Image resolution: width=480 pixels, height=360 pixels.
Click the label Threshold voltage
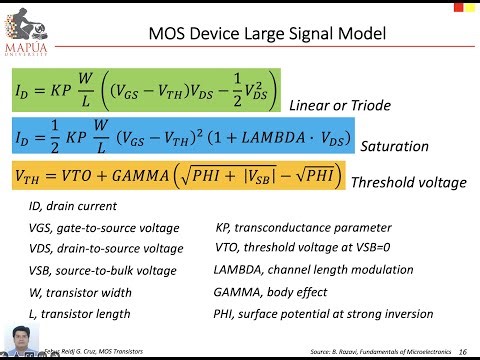pyautogui.click(x=408, y=183)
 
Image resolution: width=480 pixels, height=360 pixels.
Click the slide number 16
pyautogui.click(x=462, y=352)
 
